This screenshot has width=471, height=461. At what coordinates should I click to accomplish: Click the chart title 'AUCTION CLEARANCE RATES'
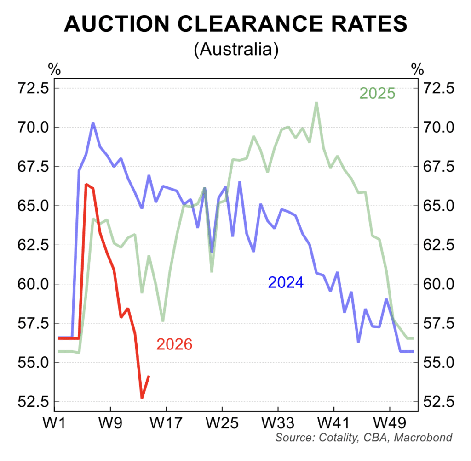(235, 24)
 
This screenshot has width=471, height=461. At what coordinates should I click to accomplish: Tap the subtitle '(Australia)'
(235, 49)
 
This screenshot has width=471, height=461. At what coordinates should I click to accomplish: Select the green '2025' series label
(377, 93)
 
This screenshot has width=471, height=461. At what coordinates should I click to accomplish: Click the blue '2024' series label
(286, 282)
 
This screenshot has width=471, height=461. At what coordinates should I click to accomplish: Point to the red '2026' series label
(174, 344)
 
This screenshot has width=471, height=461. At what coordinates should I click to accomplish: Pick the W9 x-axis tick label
(110, 422)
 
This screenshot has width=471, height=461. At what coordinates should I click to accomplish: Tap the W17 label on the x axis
(166, 422)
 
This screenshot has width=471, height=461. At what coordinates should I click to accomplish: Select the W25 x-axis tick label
(222, 422)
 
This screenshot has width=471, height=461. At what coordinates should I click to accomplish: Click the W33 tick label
(278, 422)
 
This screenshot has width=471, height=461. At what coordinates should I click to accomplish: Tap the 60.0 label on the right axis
(439, 284)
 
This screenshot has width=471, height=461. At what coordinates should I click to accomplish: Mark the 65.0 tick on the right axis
(439, 205)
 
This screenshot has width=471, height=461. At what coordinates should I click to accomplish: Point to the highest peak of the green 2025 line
(316, 103)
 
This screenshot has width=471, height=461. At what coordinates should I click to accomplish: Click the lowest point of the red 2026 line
(142, 398)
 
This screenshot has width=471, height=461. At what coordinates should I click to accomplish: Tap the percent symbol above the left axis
(54, 70)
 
